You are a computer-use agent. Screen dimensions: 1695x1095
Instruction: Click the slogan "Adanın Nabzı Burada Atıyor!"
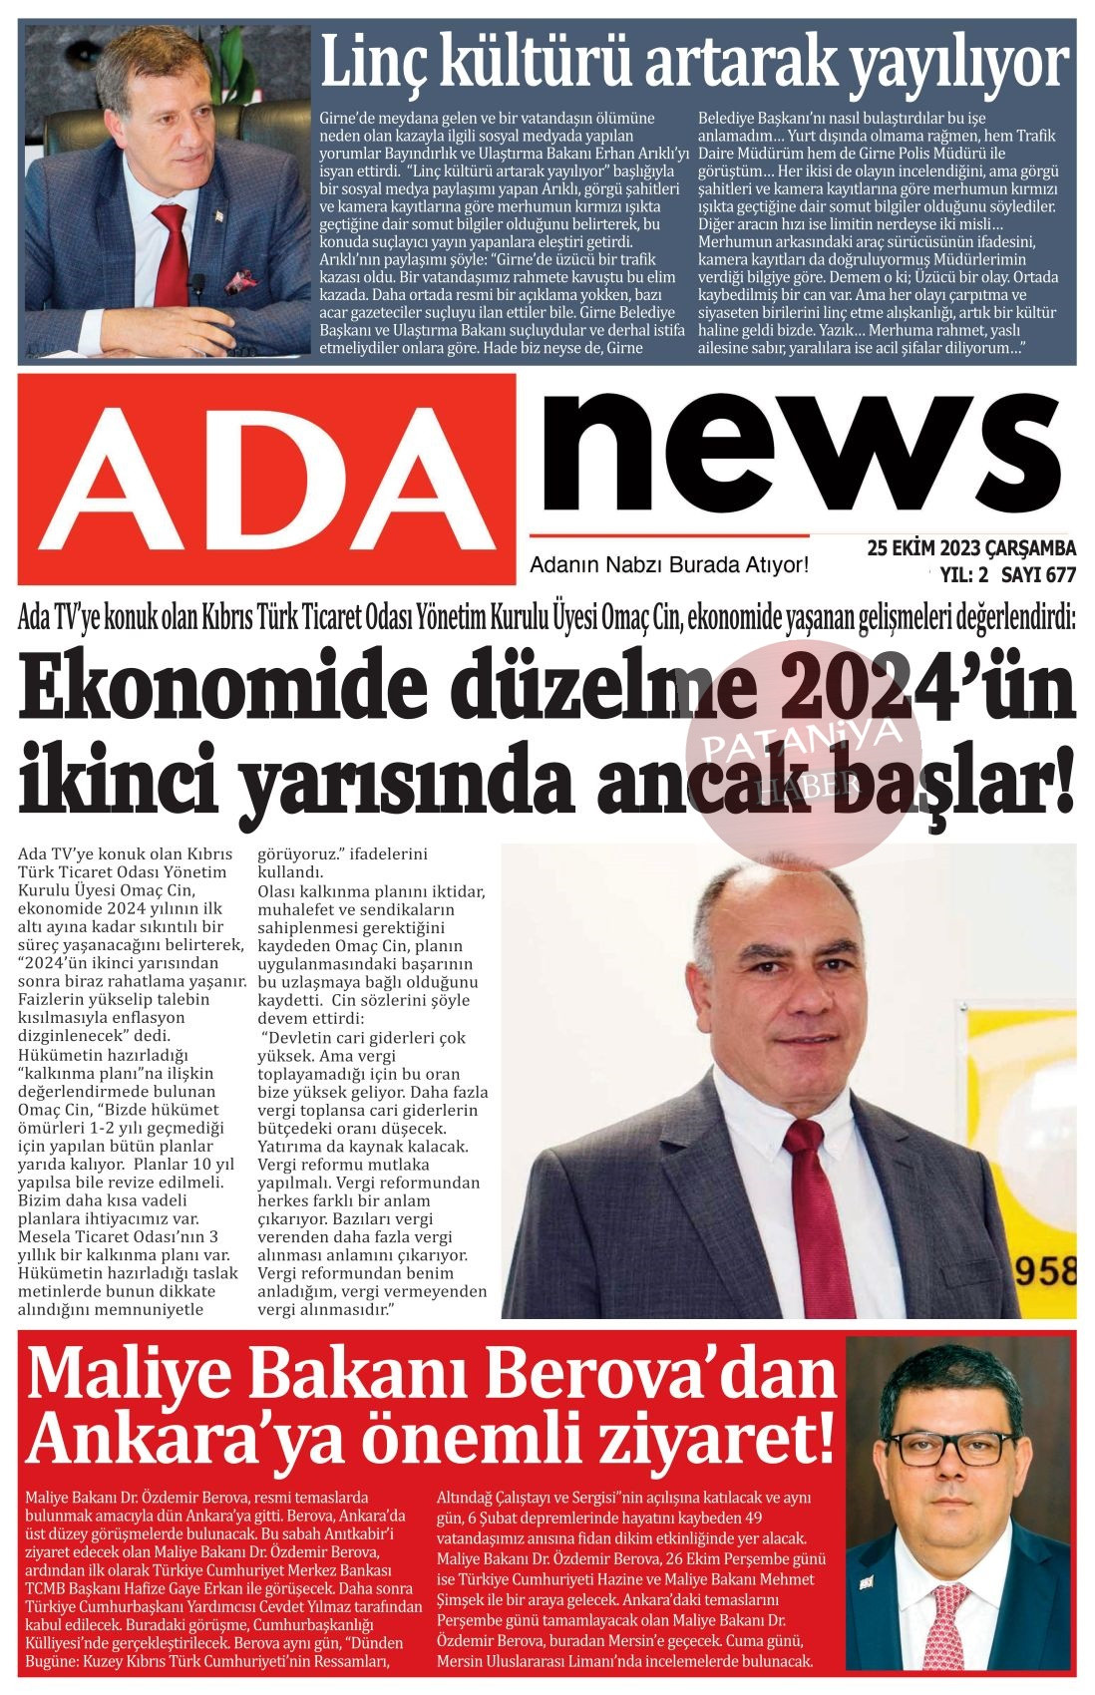click(x=669, y=565)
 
